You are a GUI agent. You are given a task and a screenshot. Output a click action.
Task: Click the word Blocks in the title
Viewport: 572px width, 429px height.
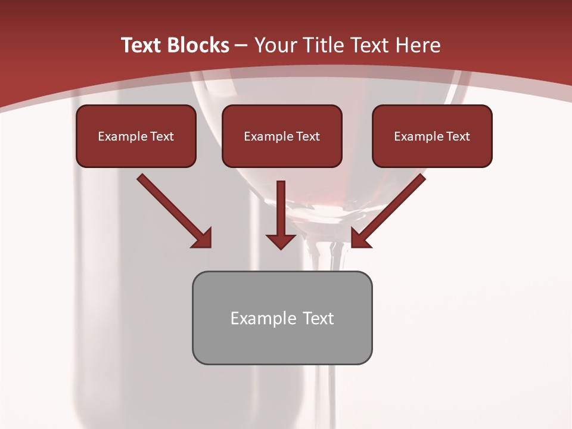pyautogui.click(x=199, y=45)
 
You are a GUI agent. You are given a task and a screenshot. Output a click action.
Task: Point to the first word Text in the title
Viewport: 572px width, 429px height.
pyautogui.click(x=143, y=45)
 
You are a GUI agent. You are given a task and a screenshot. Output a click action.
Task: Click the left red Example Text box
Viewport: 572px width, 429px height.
pyautogui.click(x=136, y=136)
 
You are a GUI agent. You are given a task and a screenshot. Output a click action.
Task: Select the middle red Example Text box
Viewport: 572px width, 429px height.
pyautogui.click(x=282, y=136)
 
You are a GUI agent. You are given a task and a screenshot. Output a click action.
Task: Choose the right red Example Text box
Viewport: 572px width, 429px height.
pyautogui.click(x=432, y=136)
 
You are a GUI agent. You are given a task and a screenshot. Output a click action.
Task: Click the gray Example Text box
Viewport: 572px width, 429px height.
pyautogui.click(x=282, y=318)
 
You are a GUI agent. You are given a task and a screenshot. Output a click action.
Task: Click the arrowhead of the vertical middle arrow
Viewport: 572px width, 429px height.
pyautogui.click(x=281, y=241)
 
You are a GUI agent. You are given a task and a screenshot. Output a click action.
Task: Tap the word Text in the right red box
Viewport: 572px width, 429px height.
pyautogui.click(x=458, y=136)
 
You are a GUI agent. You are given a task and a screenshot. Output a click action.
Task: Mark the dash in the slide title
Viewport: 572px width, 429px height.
pyautogui.click(x=241, y=45)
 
